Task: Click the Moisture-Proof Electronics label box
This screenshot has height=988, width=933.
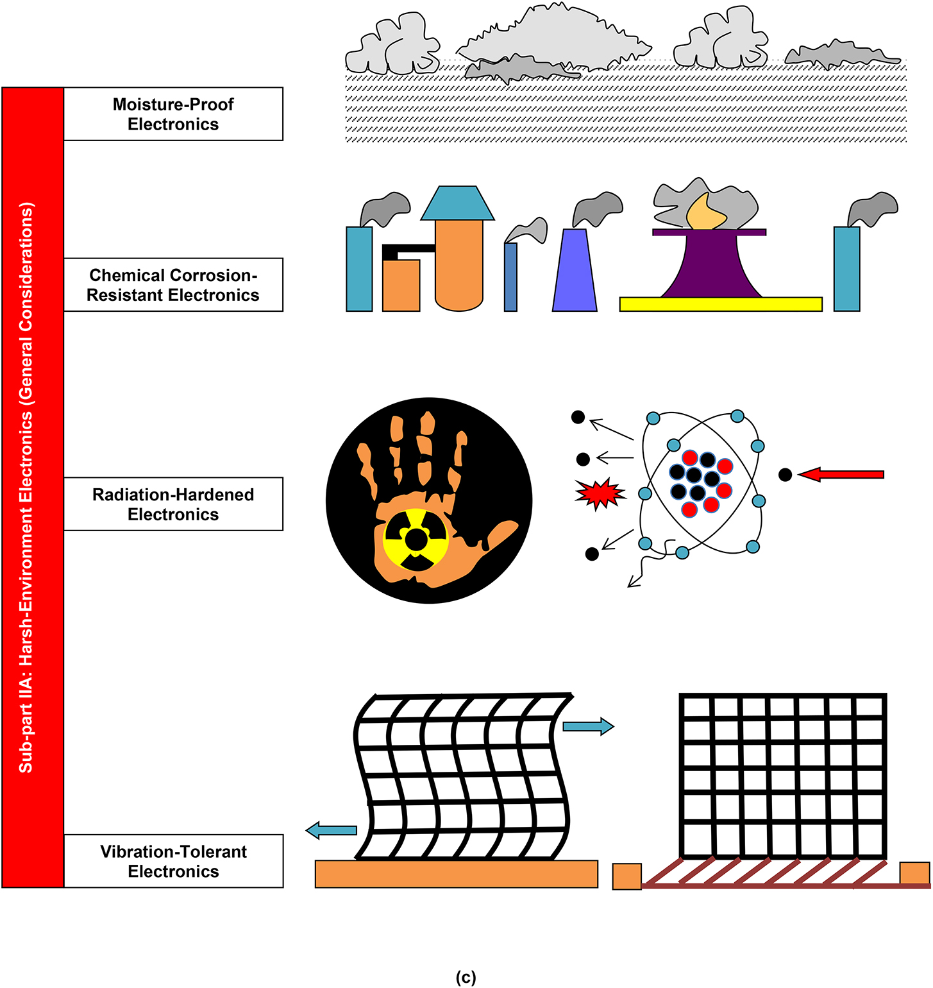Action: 173,114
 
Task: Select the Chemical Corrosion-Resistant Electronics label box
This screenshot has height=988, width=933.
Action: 173,285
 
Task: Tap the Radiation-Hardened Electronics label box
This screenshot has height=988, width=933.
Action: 173,504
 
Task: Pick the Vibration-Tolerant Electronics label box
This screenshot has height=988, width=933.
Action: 173,861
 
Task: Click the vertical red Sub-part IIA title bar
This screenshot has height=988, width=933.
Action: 32,488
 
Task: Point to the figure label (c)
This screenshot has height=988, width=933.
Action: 466,977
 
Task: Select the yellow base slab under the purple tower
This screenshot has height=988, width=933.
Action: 721,304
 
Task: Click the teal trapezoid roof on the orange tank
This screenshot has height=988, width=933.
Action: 457,203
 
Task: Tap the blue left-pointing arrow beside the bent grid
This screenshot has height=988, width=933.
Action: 332,830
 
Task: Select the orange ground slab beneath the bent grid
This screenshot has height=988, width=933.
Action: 456,874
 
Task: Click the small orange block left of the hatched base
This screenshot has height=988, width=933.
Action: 626,876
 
